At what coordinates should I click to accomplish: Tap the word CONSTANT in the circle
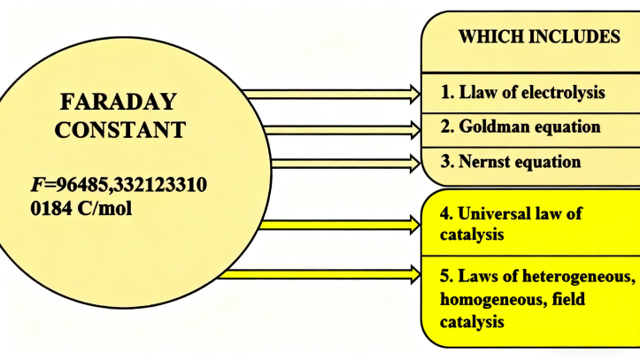click(x=120, y=130)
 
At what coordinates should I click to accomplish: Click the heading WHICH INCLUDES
click(x=538, y=37)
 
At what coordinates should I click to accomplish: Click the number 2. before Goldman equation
click(x=447, y=126)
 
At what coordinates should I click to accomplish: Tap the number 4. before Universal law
click(x=447, y=214)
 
